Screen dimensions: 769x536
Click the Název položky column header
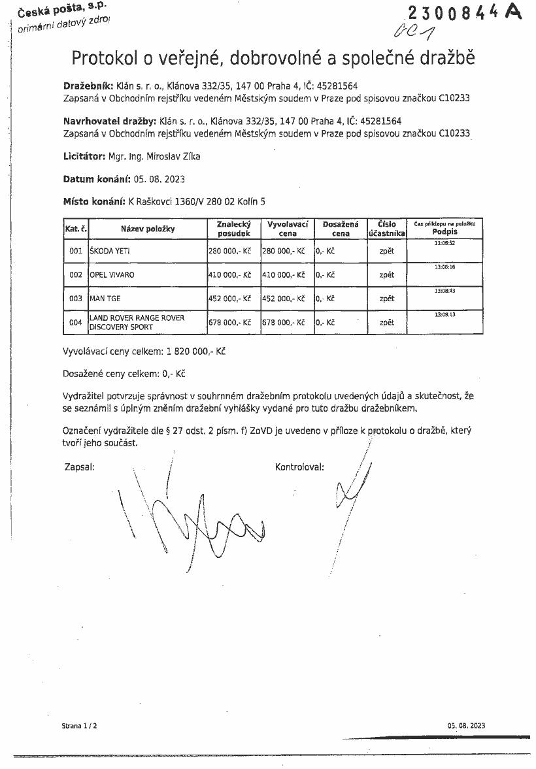pyautogui.click(x=147, y=229)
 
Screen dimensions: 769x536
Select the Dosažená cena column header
pyautogui.click(x=341, y=228)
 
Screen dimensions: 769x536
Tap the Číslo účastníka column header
pyautogui.click(x=386, y=228)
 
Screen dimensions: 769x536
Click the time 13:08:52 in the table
pyautogui.click(x=444, y=243)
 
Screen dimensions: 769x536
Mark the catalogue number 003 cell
pyautogui.click(x=76, y=299)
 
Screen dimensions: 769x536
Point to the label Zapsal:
pyautogui.click(x=79, y=467)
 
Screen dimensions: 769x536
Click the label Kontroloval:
pyautogui.click(x=299, y=467)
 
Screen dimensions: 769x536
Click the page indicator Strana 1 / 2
pyautogui.click(x=79, y=725)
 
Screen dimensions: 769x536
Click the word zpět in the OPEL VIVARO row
pyautogui.click(x=386, y=275)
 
